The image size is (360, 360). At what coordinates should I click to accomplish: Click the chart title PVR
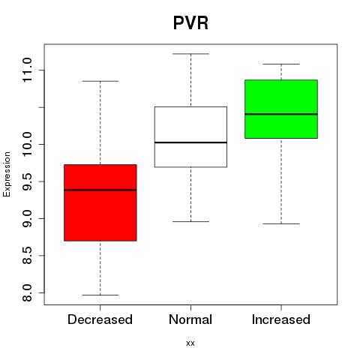[x=190, y=23]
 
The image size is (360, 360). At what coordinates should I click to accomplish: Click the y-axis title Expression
[x=7, y=174]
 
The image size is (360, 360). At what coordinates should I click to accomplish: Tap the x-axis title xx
[x=190, y=343]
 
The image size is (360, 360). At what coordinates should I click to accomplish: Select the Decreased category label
[x=100, y=319]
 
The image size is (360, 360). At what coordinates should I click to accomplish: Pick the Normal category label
[x=190, y=319]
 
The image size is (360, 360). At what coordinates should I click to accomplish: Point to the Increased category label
[x=281, y=319]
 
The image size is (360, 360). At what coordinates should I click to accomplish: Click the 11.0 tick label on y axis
[x=27, y=70]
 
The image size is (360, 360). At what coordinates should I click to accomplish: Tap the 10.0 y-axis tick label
[x=27, y=144]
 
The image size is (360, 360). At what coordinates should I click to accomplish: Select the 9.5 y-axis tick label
[x=27, y=181]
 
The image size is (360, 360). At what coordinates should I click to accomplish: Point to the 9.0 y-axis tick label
[x=27, y=218]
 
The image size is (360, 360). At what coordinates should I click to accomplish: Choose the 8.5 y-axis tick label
[x=27, y=255]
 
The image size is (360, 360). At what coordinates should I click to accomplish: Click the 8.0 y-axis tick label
[x=27, y=292]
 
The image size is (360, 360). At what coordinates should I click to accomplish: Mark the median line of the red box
[x=100, y=190]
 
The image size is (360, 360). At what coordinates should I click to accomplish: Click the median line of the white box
[x=190, y=142]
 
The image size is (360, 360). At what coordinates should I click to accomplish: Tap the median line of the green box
[x=281, y=114]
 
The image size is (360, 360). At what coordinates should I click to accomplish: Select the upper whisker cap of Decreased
[x=100, y=81]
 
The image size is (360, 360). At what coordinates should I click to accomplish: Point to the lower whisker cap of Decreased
[x=100, y=295]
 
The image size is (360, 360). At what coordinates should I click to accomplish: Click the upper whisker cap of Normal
[x=190, y=54]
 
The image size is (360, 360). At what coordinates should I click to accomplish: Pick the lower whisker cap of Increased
[x=281, y=223]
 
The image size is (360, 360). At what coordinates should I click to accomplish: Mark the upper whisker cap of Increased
[x=281, y=64]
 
